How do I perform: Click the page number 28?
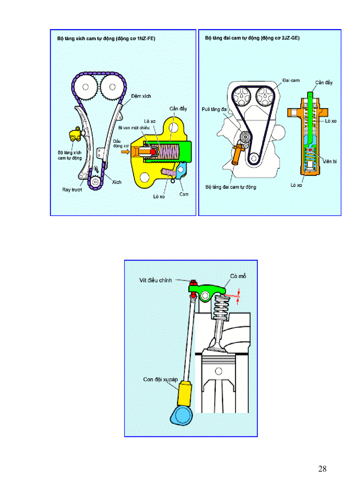[x=322, y=469]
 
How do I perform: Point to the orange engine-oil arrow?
[x=126, y=152]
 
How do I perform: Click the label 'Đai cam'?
[x=290, y=80]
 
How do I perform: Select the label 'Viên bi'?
[x=329, y=162]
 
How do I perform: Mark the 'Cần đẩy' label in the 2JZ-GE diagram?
[x=324, y=83]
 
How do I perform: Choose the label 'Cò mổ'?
[x=238, y=276]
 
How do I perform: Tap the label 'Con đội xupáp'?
[x=160, y=379]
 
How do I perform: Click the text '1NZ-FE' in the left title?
[x=145, y=39]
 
